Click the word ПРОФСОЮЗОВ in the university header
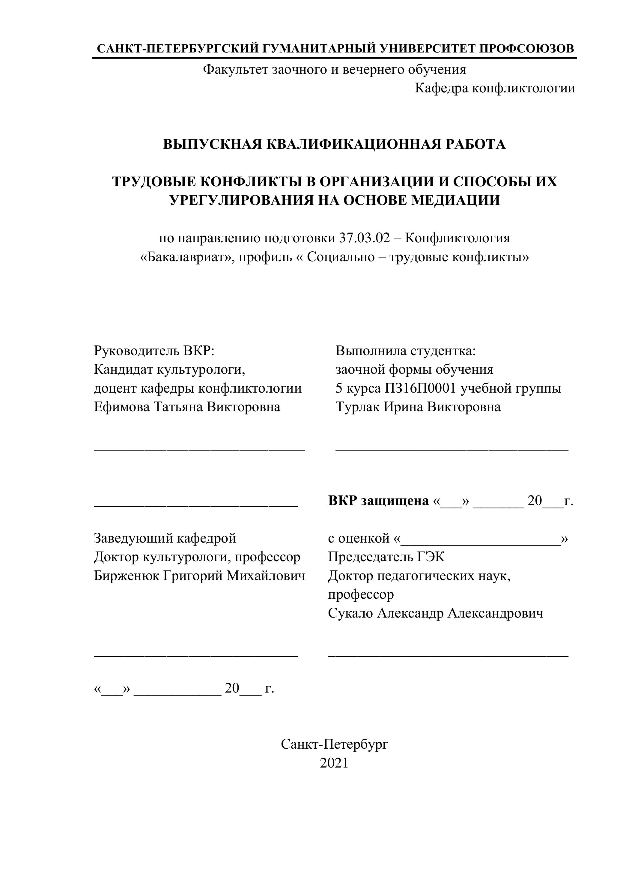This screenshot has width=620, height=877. (x=526, y=49)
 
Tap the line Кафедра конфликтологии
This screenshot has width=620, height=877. (x=495, y=88)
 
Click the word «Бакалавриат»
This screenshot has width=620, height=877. (x=187, y=257)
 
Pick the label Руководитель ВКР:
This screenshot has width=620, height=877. (x=154, y=350)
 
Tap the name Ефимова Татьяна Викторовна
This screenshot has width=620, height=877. (x=187, y=407)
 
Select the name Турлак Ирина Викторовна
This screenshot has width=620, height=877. (x=418, y=407)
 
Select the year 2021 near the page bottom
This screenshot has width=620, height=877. (x=334, y=763)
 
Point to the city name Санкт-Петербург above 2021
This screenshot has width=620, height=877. (x=334, y=744)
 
